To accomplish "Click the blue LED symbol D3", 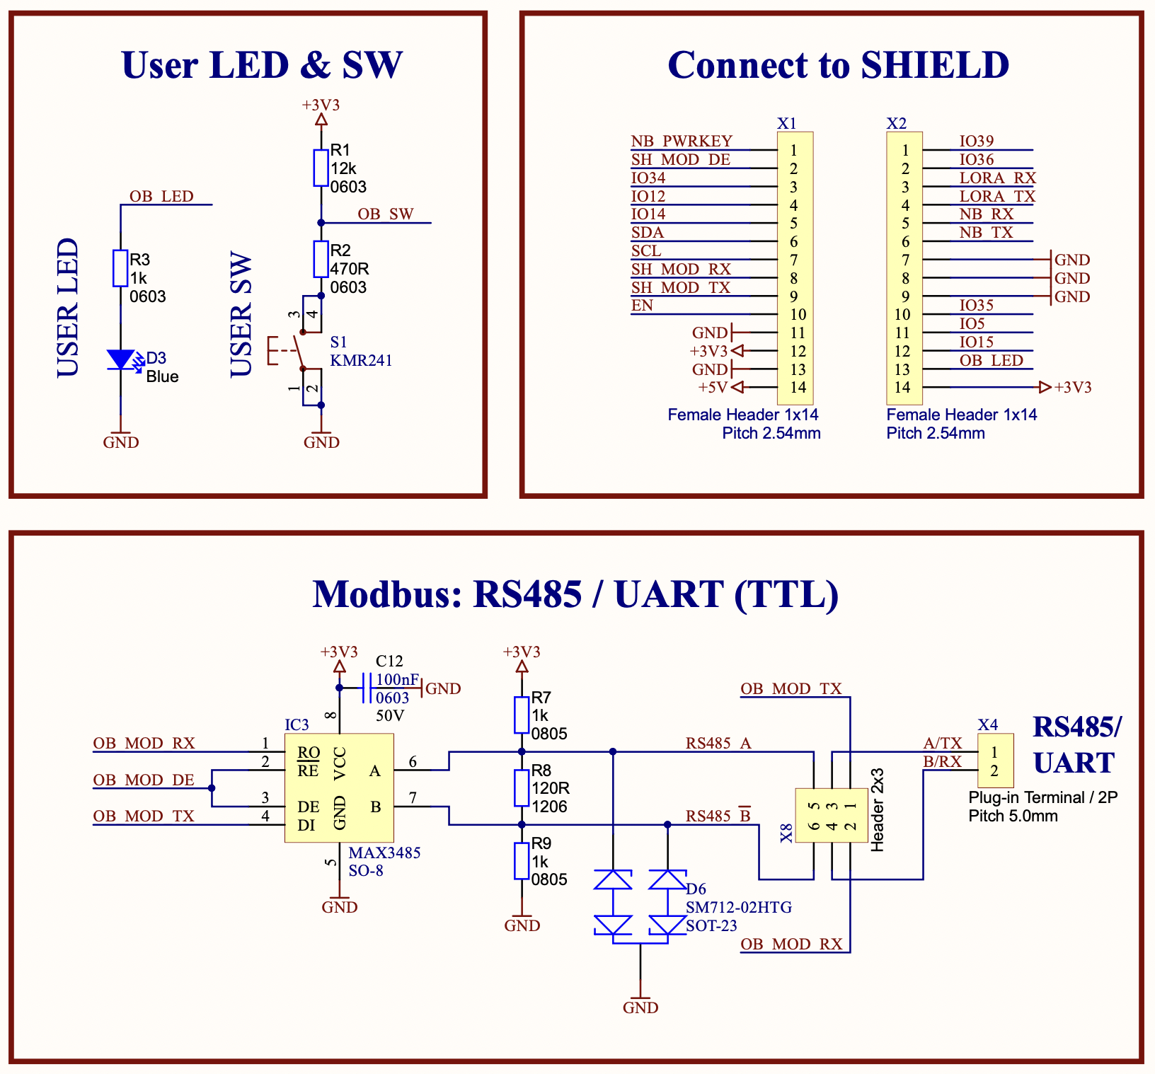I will pyautogui.click(x=121, y=359).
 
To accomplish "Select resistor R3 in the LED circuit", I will pyautogui.click(x=120, y=268).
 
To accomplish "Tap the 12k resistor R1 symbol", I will pyautogui.click(x=321, y=168).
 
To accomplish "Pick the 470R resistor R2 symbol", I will pyautogui.click(x=321, y=259).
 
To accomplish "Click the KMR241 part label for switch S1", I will pyautogui.click(x=361, y=360).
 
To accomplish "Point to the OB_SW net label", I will pyautogui.click(x=385, y=214).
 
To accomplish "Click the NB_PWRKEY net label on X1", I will pyautogui.click(x=682, y=142).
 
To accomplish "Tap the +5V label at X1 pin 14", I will pyautogui.click(x=713, y=388).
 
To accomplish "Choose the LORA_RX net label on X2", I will pyautogui.click(x=997, y=178).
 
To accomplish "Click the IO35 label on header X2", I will pyautogui.click(x=977, y=306).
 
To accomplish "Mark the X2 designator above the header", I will pyautogui.click(x=896, y=124).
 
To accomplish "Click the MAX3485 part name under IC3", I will pyautogui.click(x=384, y=853).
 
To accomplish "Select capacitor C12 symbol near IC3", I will pyautogui.click(x=366, y=688).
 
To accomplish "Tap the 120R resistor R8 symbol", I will pyautogui.click(x=522, y=788).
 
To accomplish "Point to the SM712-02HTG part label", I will pyautogui.click(x=738, y=908).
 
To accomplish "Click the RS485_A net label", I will pyautogui.click(x=718, y=744).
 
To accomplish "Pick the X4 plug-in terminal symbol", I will pyautogui.click(x=995, y=761).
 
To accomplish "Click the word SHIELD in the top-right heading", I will pyautogui.click(x=935, y=65).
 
